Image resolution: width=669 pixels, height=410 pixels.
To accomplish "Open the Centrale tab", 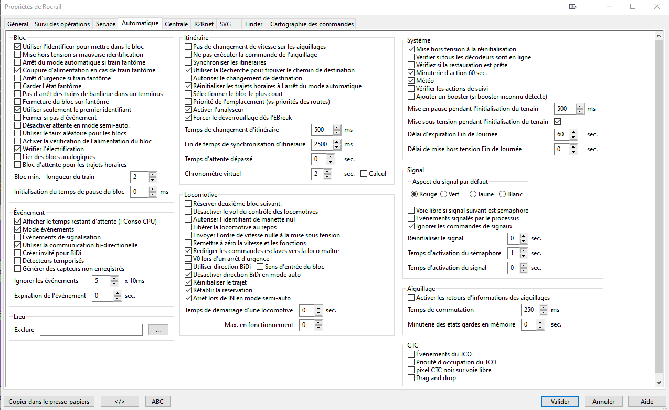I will (176, 24).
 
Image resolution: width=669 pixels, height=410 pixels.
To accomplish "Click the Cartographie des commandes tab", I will (312, 24).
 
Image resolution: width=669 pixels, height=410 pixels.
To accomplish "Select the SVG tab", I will (225, 24).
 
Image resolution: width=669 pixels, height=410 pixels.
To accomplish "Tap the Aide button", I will (647, 402).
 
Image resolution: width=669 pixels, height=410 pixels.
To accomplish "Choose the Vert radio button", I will (444, 194).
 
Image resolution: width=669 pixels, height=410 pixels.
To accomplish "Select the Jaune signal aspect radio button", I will (473, 194).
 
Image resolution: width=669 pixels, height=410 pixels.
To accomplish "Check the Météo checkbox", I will (411, 81).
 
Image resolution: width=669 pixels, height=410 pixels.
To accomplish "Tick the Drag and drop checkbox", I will (411, 378).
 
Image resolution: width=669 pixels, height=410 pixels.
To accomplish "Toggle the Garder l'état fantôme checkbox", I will (18, 86).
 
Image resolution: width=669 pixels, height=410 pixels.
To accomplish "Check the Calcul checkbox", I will (364, 174).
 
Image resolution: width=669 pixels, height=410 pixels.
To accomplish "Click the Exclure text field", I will (91, 330).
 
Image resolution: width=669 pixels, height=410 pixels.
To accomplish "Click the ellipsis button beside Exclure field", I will (158, 330).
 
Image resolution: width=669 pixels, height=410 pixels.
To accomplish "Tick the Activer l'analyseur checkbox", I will (189, 110).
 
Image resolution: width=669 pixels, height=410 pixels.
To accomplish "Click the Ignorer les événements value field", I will (101, 281).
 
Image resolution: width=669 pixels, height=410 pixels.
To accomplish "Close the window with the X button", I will (656, 7).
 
